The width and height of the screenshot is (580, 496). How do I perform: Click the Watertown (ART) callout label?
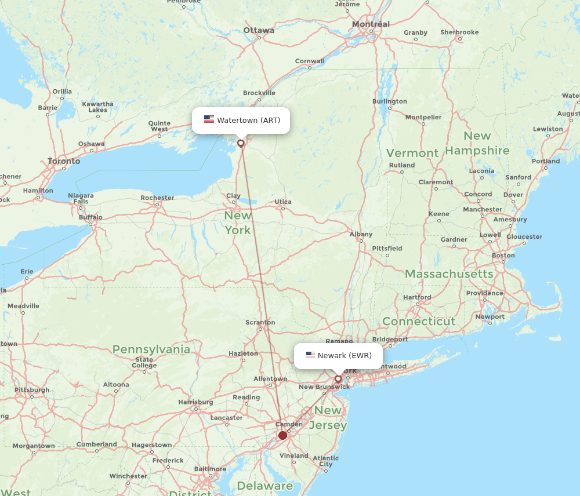point(241,121)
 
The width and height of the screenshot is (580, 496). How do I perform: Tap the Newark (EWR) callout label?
point(338,355)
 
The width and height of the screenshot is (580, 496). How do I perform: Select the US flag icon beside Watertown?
point(209,119)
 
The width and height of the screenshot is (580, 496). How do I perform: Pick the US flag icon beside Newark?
point(310,355)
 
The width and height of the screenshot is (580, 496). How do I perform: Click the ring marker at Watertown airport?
point(241,143)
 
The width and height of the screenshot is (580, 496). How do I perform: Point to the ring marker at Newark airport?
point(338,378)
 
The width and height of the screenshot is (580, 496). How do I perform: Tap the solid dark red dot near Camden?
point(282,435)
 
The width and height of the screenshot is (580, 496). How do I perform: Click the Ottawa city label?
point(259,30)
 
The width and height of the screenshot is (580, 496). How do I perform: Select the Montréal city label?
point(371,24)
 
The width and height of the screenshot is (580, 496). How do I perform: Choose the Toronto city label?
point(64,161)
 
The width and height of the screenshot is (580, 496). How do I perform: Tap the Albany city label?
point(361,235)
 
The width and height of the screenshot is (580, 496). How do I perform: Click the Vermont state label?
point(412,153)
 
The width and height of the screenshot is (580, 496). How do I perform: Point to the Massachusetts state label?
point(449,273)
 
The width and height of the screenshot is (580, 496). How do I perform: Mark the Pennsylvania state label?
point(151,349)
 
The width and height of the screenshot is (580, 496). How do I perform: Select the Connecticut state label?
point(419,321)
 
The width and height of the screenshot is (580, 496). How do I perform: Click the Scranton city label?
point(260,322)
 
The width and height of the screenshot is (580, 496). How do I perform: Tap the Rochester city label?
point(157,198)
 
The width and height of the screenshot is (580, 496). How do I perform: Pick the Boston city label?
point(503,256)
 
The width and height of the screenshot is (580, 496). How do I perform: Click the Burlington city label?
point(390,101)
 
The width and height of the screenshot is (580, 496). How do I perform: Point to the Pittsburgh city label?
point(32,390)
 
